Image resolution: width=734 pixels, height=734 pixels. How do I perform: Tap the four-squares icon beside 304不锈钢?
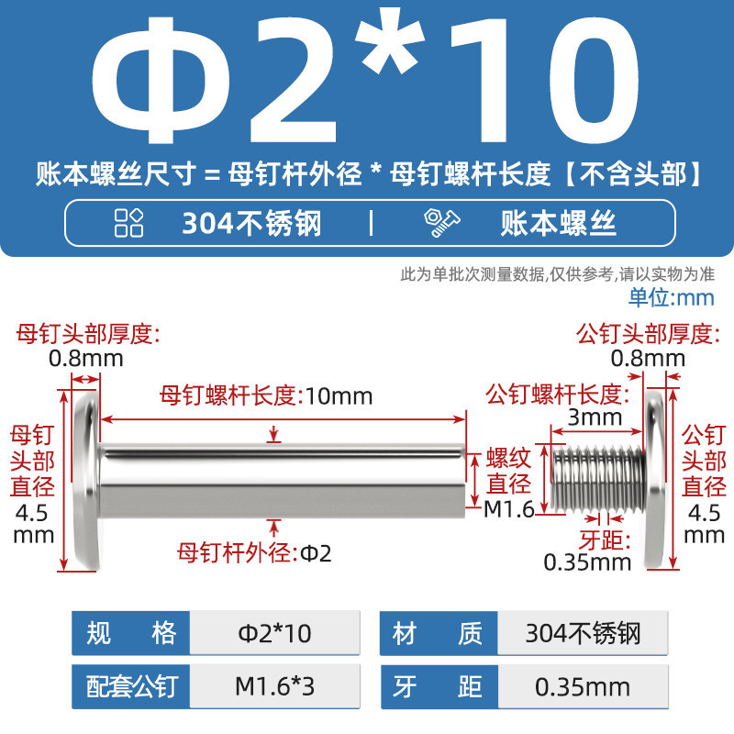(x=128, y=223)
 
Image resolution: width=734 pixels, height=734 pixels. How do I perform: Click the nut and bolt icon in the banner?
(x=442, y=223)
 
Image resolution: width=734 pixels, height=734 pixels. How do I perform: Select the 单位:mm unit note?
(x=672, y=297)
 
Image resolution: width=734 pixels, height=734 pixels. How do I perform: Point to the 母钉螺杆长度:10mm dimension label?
(x=266, y=395)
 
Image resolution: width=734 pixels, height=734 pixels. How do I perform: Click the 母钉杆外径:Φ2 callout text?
(x=254, y=553)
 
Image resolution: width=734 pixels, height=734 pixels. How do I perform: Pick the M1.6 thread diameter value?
(x=509, y=509)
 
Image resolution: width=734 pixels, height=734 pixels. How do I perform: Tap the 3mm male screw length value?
(x=595, y=417)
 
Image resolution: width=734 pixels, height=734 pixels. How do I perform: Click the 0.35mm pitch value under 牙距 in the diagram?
(x=587, y=562)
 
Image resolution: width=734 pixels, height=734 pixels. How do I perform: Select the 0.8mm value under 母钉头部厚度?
(x=86, y=359)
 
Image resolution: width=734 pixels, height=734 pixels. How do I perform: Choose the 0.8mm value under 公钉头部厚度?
(x=648, y=359)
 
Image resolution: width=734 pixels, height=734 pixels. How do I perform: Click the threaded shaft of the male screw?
(x=598, y=478)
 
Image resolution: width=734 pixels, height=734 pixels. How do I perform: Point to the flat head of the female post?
(x=87, y=481)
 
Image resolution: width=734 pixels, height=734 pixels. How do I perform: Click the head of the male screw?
(x=655, y=480)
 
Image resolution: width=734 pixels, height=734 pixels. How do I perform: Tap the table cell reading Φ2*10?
(x=274, y=633)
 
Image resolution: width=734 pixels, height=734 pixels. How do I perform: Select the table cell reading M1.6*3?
(x=274, y=686)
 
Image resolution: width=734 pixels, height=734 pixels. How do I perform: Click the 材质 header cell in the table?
(x=439, y=633)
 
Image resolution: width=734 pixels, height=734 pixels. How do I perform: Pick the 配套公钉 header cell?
(x=130, y=686)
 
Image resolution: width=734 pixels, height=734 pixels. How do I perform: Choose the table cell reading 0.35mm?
(x=583, y=686)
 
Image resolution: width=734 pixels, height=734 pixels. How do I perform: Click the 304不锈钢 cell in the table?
(x=583, y=633)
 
